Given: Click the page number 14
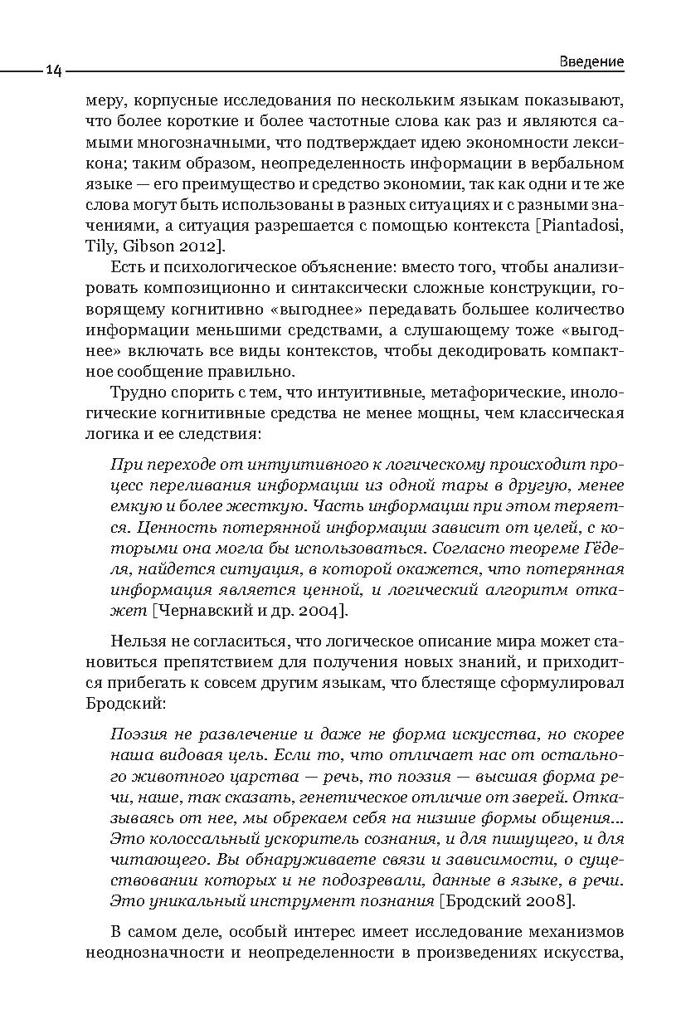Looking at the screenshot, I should pos(53,71).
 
